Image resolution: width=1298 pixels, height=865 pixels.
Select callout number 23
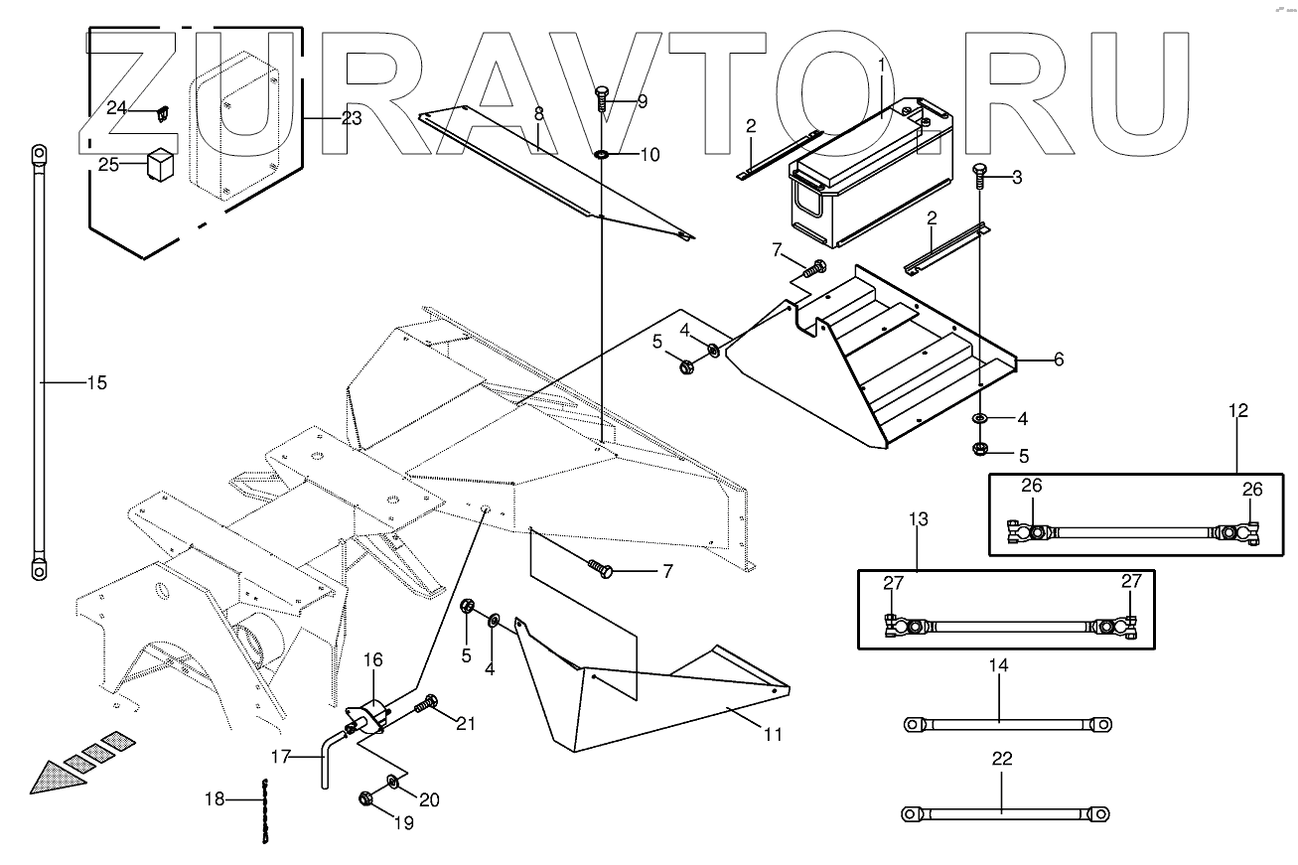click(352, 117)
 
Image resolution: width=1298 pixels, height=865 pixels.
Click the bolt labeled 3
click(979, 178)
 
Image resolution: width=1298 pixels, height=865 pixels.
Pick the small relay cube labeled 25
click(161, 164)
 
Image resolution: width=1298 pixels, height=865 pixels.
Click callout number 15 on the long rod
click(95, 382)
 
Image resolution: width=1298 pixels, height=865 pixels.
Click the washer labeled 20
click(394, 782)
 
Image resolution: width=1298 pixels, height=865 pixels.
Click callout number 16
click(372, 659)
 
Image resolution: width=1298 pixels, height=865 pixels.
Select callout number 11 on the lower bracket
click(773, 735)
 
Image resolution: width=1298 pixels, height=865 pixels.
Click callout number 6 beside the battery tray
click(1059, 360)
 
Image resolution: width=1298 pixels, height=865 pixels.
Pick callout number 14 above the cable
click(998, 665)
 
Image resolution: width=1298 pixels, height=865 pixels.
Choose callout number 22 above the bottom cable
click(1002, 759)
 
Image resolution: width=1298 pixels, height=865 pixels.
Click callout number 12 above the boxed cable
click(1237, 410)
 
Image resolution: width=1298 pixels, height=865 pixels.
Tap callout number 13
click(918, 518)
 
